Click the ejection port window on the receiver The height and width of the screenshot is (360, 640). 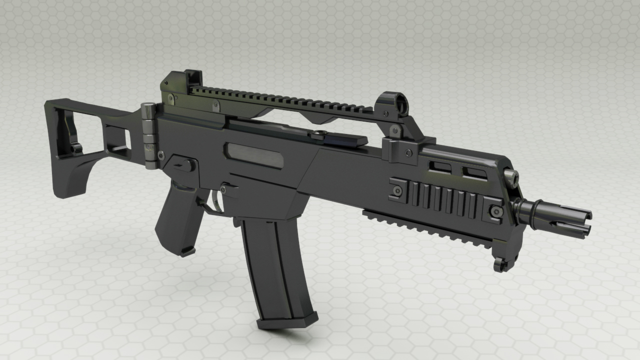[x=253, y=155]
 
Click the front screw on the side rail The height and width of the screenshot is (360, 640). [x=495, y=212]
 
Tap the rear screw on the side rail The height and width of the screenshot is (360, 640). [x=397, y=190]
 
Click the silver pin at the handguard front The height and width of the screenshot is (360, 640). [x=510, y=176]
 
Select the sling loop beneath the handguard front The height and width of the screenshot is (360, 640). [x=500, y=264]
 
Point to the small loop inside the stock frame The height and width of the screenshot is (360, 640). [x=76, y=147]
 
